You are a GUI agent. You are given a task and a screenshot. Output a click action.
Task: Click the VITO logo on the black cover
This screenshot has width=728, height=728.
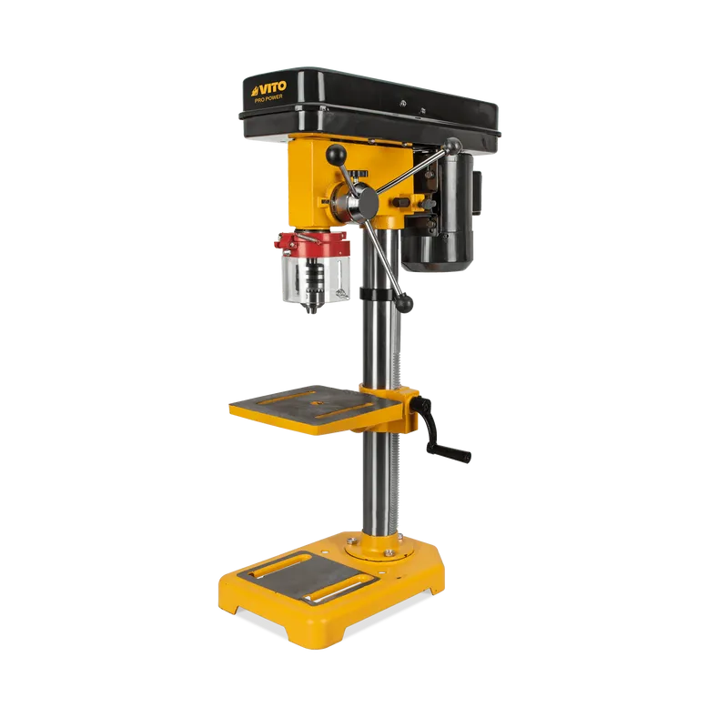pos(268,88)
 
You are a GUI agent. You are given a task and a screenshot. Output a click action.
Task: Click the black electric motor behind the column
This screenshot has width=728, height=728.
pos(439,213)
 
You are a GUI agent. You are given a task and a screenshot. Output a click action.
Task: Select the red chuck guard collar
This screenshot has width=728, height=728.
pos(312,244)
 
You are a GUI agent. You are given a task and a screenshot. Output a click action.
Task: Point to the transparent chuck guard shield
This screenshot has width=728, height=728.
pos(316,278)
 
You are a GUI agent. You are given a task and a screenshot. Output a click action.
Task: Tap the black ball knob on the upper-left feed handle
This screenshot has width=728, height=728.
pos(336,155)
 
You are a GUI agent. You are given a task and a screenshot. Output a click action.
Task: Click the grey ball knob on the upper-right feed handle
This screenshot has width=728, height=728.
pos(452,147)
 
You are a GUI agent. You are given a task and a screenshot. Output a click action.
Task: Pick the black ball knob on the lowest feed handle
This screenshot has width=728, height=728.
pos(403,303)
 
